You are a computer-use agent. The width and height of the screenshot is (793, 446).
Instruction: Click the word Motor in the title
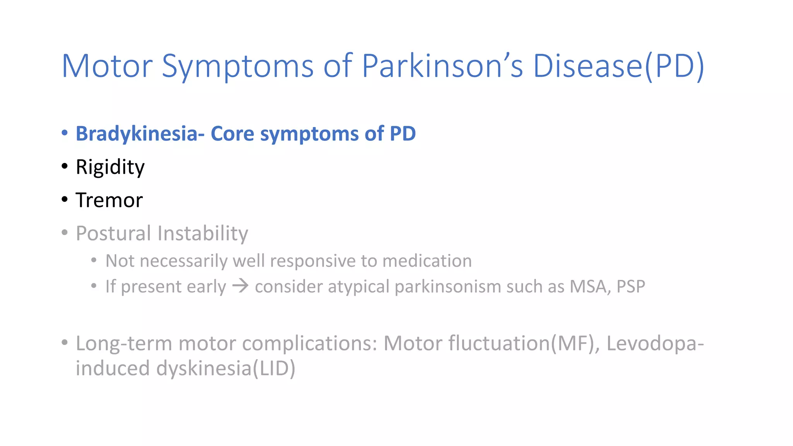click(x=107, y=66)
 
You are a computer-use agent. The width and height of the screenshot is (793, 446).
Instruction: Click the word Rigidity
click(x=110, y=167)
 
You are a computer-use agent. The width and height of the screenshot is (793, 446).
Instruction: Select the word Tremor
click(x=109, y=201)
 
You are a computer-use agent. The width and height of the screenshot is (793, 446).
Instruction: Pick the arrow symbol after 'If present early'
click(x=240, y=286)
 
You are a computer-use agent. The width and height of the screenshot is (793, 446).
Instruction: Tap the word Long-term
click(x=123, y=343)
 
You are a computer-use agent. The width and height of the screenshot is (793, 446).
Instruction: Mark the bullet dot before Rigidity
click(x=65, y=166)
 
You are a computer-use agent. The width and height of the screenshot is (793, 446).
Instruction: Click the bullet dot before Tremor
click(x=65, y=200)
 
